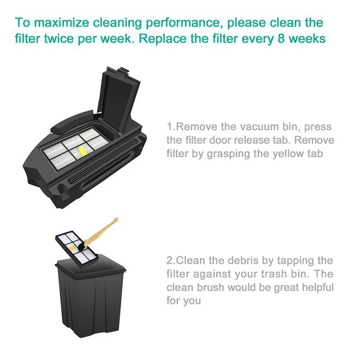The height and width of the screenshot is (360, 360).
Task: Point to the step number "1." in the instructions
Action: [x=171, y=127]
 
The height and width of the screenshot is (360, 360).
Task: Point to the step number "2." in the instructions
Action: [x=171, y=261]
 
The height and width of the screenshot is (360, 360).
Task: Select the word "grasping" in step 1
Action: [x=228, y=153]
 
